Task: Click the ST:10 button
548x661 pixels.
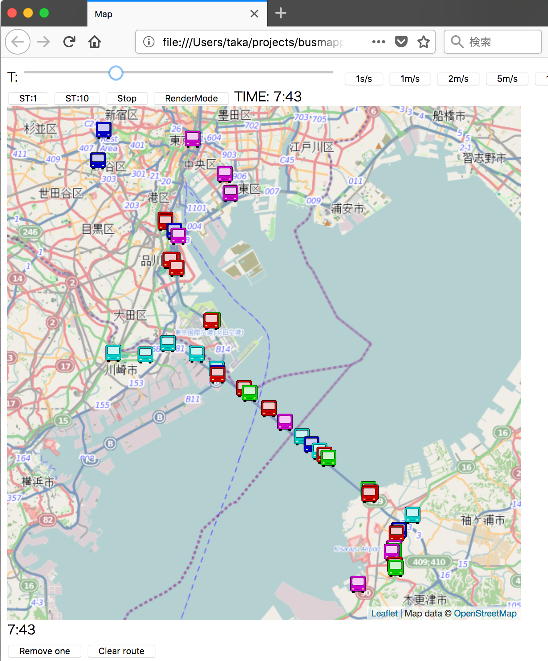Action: point(77,98)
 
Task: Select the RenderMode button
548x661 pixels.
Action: point(191,98)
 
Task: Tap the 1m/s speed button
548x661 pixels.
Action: point(410,79)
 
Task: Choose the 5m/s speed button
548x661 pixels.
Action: point(507,79)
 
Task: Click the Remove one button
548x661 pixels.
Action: point(45,651)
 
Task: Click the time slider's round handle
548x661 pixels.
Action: point(116,73)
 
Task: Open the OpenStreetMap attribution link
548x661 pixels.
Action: point(485,613)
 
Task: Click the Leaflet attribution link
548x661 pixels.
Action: point(384,613)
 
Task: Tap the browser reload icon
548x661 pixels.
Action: point(69,42)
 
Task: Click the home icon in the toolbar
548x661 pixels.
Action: point(95,42)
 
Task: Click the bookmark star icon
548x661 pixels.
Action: point(424,42)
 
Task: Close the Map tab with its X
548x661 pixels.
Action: point(254,14)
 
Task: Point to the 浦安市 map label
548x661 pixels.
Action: point(347,209)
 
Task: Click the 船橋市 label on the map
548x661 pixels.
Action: point(449,116)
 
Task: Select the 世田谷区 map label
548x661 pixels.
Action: point(60,193)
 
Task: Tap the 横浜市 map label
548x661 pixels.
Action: point(38,481)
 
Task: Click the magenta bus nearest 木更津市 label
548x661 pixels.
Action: point(358,584)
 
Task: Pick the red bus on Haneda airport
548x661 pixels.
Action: point(211,320)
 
